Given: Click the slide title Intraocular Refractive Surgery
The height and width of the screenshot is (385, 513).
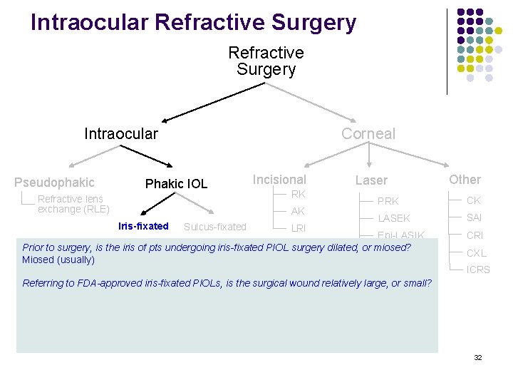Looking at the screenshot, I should pos(193,22).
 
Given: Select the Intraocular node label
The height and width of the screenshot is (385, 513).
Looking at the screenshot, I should pos(121,133).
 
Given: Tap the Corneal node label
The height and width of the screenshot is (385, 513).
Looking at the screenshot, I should pos(368,133).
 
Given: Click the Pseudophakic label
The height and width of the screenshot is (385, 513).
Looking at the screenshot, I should pos(54,183).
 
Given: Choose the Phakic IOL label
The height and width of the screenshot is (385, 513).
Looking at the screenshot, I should pos(176,184).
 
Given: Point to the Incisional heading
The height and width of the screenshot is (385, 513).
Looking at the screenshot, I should pos(279,180).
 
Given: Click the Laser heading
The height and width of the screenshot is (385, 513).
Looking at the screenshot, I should pos(371,181).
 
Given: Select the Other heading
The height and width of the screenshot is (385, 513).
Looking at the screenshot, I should pos(465,180).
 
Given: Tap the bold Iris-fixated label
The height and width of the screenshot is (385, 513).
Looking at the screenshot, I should pos(143,227).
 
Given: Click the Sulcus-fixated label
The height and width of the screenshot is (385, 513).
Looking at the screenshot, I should pos(214,227).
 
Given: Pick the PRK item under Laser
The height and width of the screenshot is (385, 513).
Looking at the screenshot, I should pos(388,201).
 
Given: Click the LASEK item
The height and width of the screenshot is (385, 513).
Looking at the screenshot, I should pos(393,218).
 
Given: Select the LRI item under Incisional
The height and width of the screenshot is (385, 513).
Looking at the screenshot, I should pos(298,228).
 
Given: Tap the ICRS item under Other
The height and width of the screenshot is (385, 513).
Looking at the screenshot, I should pos(478,269).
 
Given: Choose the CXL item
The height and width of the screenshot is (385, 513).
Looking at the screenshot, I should pos(476,252).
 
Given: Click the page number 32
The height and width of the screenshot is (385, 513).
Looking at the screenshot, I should pos(477,357).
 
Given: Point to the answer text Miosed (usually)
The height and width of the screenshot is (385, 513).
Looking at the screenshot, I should pos(58,260).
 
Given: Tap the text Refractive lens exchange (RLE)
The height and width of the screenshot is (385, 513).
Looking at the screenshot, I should pos(73,204).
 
